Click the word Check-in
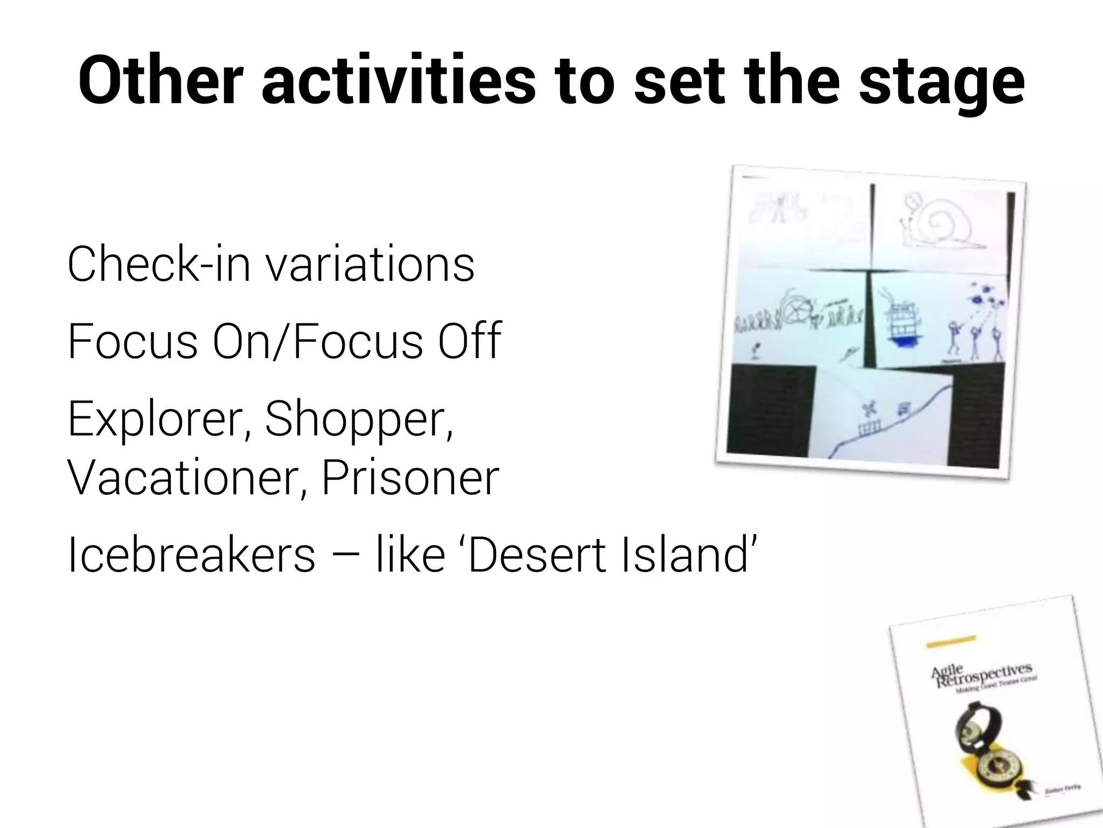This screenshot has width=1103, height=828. [159, 264]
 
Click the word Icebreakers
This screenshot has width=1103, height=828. [191, 555]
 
